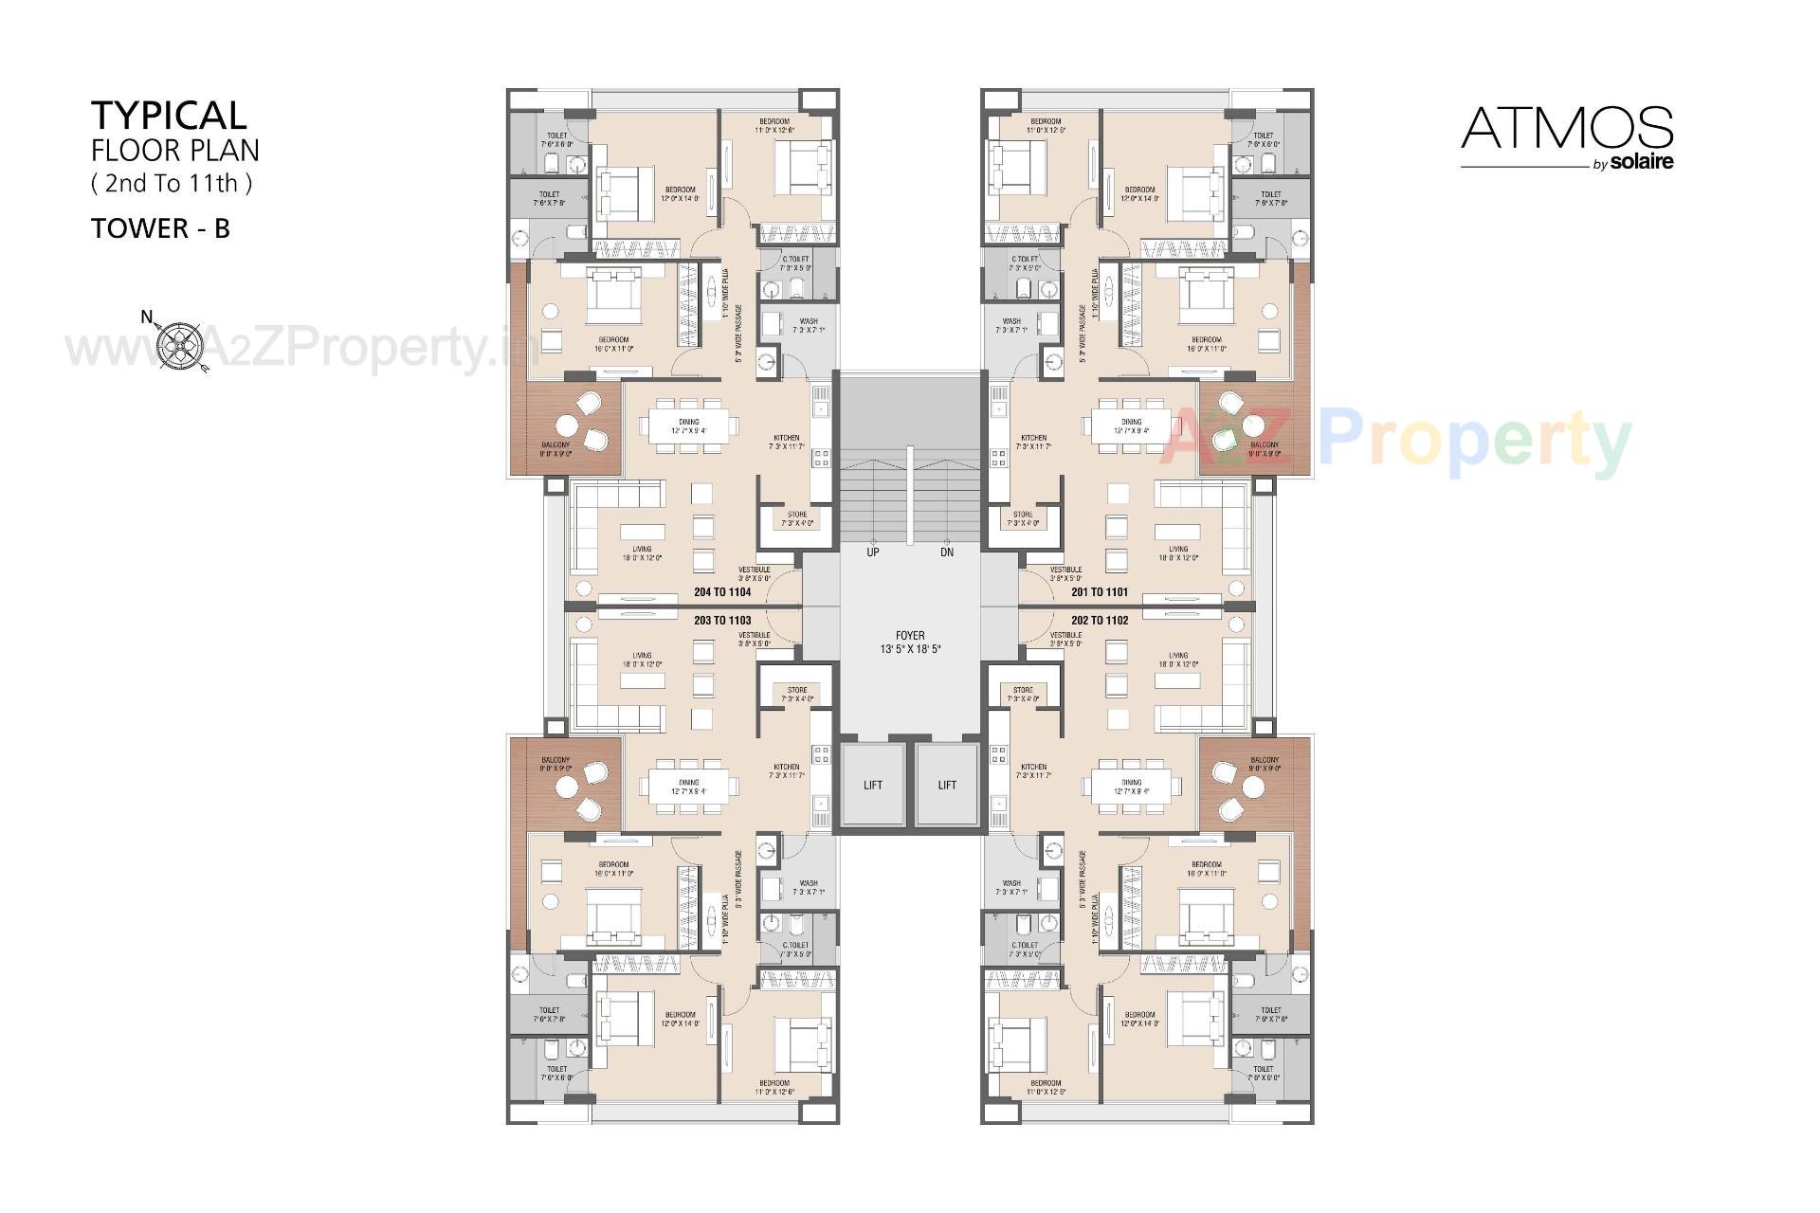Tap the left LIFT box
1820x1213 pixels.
[873, 785]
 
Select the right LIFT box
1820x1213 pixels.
[947, 785]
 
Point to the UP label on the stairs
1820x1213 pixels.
[873, 552]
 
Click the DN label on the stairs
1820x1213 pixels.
[947, 552]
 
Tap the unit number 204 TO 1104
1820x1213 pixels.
[722, 592]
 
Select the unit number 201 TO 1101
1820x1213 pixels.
[1100, 592]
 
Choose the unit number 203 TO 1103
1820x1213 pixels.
[722, 621]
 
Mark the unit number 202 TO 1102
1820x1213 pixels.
[1100, 621]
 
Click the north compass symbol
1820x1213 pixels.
[180, 345]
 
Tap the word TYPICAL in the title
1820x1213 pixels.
[169, 115]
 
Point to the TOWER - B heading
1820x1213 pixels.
[160, 228]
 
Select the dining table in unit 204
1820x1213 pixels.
[689, 425]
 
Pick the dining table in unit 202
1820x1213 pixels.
[1132, 783]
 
